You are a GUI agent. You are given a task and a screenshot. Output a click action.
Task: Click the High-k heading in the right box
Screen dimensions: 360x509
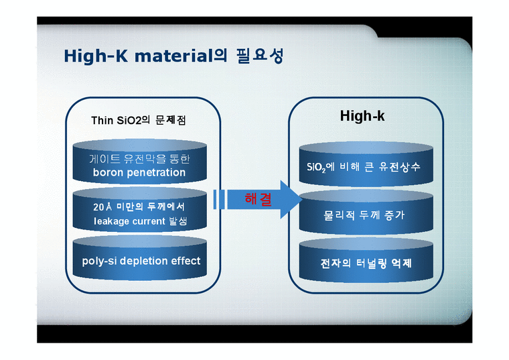click(x=362, y=116)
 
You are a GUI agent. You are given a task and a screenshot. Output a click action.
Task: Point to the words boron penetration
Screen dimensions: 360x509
click(x=139, y=172)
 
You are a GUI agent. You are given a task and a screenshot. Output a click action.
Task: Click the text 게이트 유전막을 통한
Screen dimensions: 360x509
click(x=139, y=159)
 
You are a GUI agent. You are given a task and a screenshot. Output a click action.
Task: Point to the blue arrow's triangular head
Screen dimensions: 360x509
click(x=288, y=199)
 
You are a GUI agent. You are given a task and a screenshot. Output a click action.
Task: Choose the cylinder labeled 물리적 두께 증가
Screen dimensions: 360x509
click(x=364, y=216)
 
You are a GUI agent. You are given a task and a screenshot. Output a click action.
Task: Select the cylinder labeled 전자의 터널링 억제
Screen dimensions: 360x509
click(x=365, y=263)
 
